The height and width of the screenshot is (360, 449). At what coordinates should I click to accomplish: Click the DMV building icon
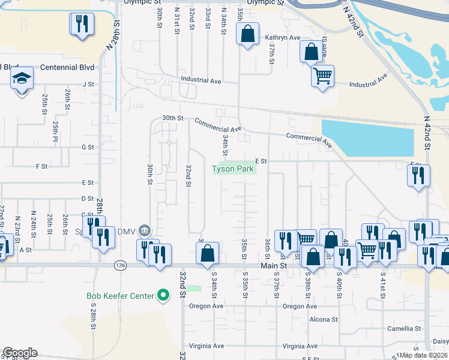coord(144,230)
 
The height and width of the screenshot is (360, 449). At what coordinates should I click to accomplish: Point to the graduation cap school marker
coord(22,79)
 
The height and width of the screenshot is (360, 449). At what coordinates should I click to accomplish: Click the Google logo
coord(20,353)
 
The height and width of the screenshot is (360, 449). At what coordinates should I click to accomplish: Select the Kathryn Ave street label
coord(282,37)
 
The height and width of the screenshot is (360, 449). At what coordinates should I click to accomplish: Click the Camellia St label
coord(403,328)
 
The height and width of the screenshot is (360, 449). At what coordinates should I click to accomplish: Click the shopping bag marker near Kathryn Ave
coord(247,35)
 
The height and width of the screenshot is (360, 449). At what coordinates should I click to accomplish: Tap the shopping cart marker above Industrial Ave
coord(322,76)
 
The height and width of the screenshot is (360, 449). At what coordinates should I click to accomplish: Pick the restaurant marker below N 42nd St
coord(418,175)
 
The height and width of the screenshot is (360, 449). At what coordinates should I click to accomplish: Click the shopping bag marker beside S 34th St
coord(207,253)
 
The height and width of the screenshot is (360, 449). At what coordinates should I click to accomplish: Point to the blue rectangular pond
coord(367,138)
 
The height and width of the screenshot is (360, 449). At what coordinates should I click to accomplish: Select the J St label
coord(89,85)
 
